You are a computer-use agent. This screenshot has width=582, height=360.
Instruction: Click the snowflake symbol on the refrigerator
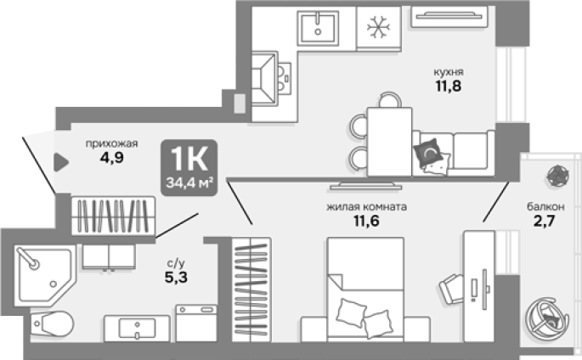pos(378,26)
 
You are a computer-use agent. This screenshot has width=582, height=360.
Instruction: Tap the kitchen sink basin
pos(318,28)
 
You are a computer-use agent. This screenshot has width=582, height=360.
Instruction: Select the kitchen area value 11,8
pos(449,86)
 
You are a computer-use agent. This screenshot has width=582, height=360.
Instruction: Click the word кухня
pos(449,71)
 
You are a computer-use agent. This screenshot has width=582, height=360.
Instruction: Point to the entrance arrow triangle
pos(61,162)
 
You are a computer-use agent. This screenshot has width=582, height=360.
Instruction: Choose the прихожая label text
pos(111,143)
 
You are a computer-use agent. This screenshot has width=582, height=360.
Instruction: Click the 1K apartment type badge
pos(189,167)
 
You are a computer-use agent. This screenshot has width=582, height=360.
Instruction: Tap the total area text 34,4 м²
pos(189,183)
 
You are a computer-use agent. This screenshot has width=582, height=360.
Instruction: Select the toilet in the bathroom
pos(52,323)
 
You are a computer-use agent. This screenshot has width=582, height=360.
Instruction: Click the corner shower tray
pos(44,275)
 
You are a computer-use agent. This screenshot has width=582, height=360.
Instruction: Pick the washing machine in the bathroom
pos(196,323)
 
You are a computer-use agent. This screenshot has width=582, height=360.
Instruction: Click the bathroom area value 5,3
pos(176,277)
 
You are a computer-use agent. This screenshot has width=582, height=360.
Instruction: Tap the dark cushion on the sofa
pos(428,152)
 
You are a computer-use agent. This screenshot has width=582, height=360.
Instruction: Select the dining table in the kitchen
pos(389,142)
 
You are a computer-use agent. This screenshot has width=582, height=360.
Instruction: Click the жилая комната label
pos(366,206)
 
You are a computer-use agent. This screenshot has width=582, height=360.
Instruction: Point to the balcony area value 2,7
pos(544,221)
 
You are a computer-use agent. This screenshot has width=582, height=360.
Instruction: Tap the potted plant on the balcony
pos(558,176)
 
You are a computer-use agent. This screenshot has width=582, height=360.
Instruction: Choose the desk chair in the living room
pos(451,290)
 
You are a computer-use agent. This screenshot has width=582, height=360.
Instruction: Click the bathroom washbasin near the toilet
pos(137,329)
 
